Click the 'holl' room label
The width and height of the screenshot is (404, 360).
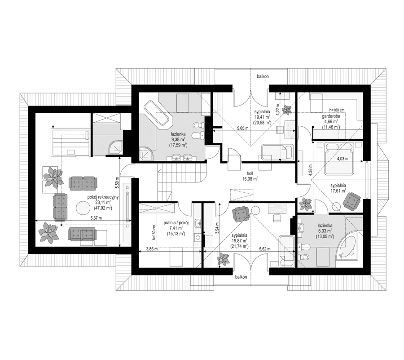[x=250, y=172]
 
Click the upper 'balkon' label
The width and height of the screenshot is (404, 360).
[x=263, y=76]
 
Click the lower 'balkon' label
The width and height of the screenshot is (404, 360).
[x=241, y=277]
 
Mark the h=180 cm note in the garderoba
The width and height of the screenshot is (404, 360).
[x=336, y=109]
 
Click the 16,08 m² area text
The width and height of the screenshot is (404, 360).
[x=250, y=178]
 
